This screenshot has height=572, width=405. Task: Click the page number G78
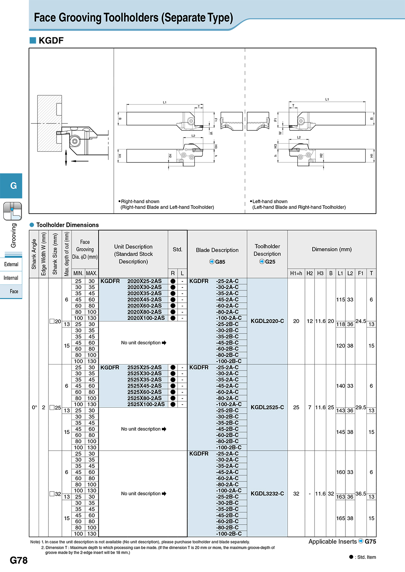(18, 560)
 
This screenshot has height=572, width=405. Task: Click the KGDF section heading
(51, 40)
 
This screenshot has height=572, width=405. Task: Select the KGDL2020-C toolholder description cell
(267, 321)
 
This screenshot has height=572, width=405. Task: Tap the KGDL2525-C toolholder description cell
(267, 407)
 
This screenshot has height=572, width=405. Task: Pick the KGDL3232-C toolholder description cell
(267, 493)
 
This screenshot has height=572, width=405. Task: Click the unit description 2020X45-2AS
(144, 299)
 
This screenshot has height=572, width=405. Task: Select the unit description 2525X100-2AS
(146, 404)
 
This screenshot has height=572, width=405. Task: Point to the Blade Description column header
(217, 250)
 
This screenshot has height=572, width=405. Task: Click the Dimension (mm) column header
(332, 249)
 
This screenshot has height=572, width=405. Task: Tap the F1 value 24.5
(360, 321)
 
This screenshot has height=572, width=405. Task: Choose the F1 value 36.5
(360, 493)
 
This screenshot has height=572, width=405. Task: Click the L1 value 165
(340, 518)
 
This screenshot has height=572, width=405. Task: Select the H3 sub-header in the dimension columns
(320, 273)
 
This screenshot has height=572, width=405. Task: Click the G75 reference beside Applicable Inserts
(370, 541)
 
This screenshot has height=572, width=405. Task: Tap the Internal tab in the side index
(11, 278)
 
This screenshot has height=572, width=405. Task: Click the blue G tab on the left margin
(11, 186)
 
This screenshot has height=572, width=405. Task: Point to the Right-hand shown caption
(140, 201)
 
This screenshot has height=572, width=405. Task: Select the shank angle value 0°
(34, 407)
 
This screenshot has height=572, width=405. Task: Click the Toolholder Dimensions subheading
(68, 225)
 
